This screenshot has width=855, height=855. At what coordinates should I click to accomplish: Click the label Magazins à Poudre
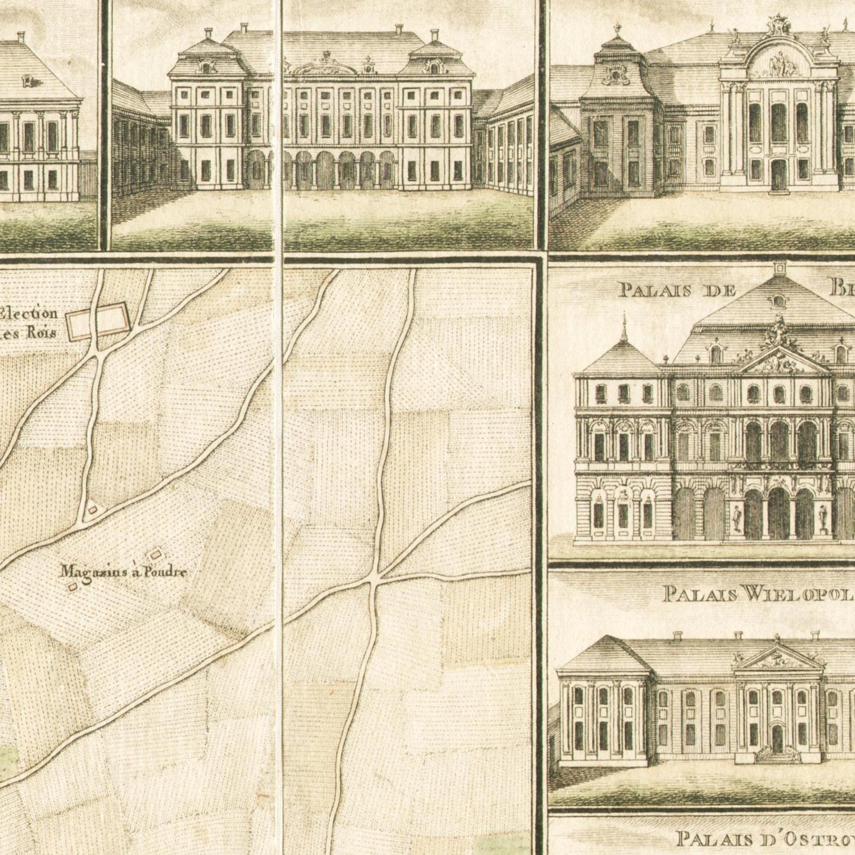[x=124, y=572]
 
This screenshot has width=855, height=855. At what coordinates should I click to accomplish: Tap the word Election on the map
[x=30, y=314]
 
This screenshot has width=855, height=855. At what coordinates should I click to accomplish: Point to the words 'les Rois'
[x=28, y=333]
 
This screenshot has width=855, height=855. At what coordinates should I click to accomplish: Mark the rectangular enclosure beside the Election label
[x=97, y=320]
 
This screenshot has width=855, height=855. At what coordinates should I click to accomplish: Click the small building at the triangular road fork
[x=92, y=509]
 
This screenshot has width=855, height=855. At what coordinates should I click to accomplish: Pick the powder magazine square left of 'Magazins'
[x=73, y=586]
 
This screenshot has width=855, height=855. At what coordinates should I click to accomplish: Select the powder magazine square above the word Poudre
[x=156, y=554]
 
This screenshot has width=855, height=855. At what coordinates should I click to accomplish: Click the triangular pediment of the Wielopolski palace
[x=776, y=659]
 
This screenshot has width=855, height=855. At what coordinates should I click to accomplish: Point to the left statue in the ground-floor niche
[x=737, y=518]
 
